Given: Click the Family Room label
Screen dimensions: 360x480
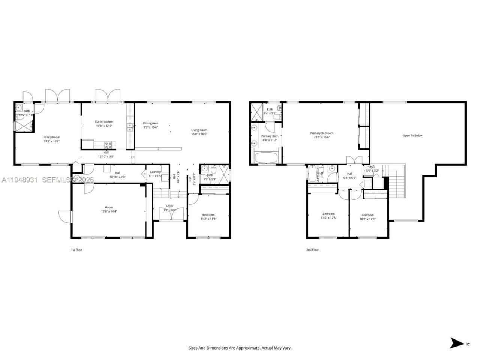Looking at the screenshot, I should [x=51, y=137].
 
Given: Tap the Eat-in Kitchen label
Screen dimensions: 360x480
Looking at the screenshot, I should [x=104, y=122].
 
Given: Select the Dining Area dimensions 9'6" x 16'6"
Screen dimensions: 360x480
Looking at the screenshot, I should [x=150, y=127].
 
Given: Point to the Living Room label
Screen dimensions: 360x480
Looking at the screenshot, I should [x=199, y=130].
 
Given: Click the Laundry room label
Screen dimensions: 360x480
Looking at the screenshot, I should [x=155, y=172].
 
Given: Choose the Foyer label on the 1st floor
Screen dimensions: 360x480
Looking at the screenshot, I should [x=170, y=206].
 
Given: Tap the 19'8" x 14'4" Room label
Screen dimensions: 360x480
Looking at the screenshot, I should [x=109, y=207].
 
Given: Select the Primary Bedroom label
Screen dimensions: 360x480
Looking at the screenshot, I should [x=322, y=133].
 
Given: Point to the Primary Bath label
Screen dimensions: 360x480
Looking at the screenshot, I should [x=270, y=136].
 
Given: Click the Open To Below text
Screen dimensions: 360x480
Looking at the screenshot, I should [x=412, y=136].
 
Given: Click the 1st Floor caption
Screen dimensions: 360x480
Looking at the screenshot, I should [x=76, y=249].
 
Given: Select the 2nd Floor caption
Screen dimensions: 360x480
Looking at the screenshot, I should [x=313, y=249].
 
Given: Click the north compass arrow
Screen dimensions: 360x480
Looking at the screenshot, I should [x=457, y=343].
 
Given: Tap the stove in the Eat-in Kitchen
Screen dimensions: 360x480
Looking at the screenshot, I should [x=108, y=144].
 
